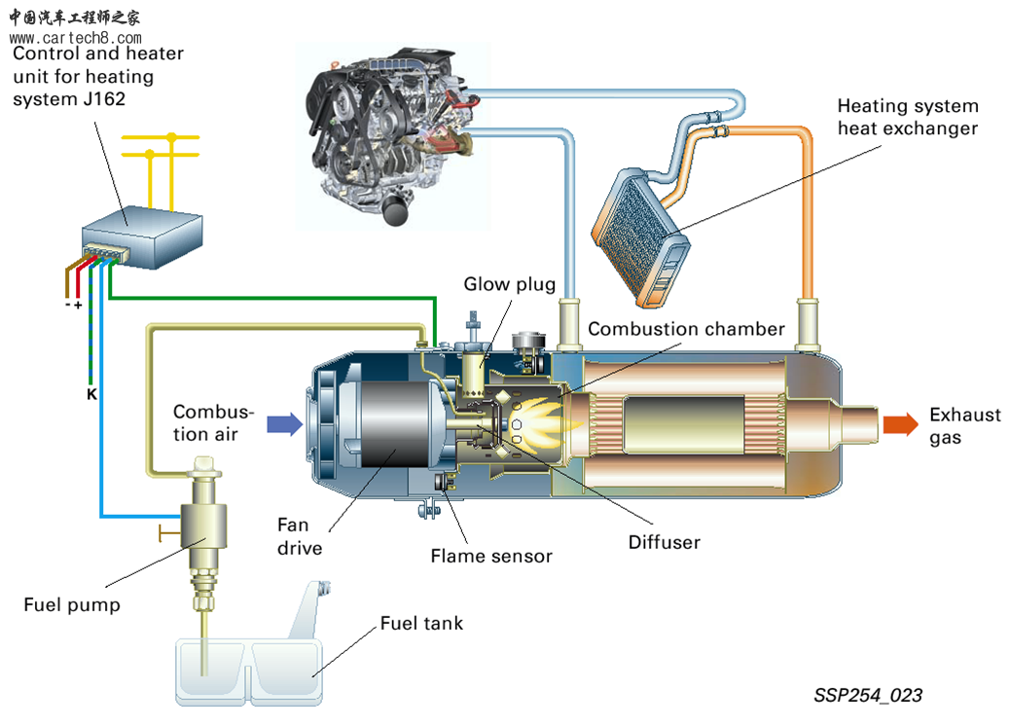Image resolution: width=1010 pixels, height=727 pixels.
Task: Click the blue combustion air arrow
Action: (x=283, y=422)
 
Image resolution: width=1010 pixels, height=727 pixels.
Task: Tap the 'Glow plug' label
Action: (x=509, y=284)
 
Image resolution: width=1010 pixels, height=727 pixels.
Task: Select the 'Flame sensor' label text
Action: (x=491, y=557)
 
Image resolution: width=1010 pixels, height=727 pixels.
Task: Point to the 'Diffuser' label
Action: (x=664, y=542)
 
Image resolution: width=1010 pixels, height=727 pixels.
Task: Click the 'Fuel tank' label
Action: (x=421, y=623)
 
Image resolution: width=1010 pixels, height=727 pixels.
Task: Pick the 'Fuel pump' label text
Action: (x=72, y=605)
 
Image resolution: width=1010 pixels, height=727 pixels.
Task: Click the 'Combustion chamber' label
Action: (x=686, y=329)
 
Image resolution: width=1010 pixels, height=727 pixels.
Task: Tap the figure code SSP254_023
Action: (x=868, y=696)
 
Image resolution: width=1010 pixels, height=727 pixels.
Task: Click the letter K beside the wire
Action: (x=91, y=395)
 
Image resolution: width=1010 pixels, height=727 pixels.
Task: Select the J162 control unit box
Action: (x=141, y=236)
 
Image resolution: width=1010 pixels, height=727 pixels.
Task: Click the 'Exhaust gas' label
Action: (x=964, y=425)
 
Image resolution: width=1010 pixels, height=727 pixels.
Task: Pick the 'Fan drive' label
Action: (x=300, y=537)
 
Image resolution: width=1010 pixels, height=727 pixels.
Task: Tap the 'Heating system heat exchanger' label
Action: (x=907, y=117)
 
